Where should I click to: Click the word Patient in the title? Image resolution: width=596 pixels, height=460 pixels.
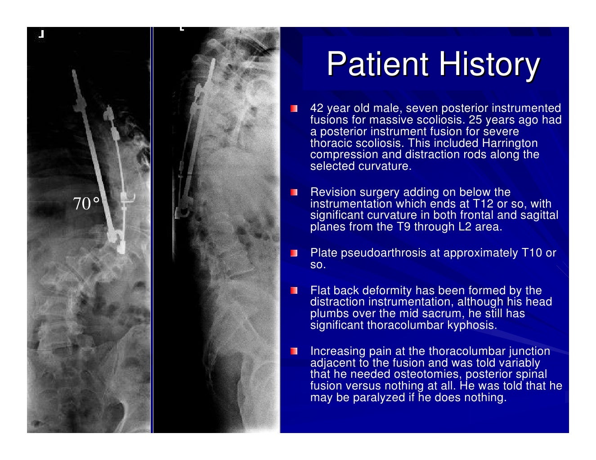pos(377,64)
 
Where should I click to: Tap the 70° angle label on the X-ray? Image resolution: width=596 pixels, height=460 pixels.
pos(86,204)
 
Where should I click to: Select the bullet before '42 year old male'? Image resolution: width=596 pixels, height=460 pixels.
pos(294,109)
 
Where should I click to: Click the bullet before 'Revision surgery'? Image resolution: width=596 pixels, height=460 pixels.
pos(294,193)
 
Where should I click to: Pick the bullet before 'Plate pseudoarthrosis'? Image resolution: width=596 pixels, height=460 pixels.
pos(294,253)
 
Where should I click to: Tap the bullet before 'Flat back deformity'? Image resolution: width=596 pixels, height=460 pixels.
pos(294,291)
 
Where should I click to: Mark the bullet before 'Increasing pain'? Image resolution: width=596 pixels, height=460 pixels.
pos(294,351)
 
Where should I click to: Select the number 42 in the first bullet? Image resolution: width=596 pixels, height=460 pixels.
pos(317,108)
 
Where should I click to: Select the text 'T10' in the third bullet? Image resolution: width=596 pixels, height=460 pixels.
pos(532,253)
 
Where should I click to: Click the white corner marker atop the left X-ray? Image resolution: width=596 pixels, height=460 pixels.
pos(41,34)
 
